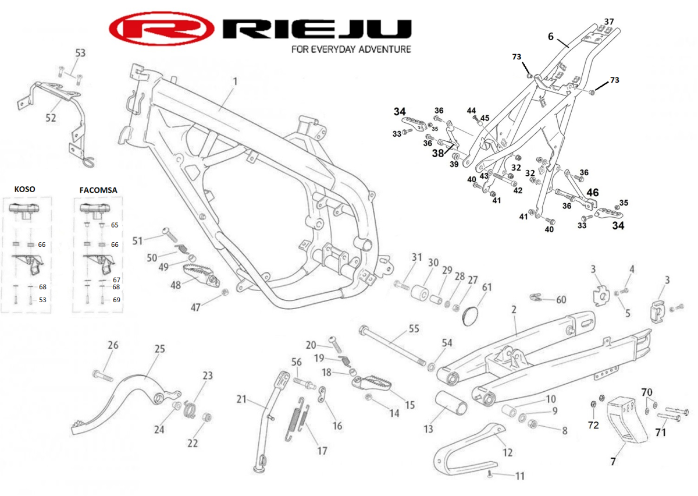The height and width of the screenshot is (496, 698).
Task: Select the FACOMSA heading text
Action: pyautogui.click(x=98, y=190)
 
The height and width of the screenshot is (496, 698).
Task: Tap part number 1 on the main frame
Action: pyautogui.click(x=236, y=82)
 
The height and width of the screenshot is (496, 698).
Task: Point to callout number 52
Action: pyautogui.click(x=51, y=118)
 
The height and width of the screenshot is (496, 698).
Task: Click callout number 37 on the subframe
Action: pyautogui.click(x=608, y=22)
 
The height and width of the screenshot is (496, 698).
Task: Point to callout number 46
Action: pyautogui.click(x=592, y=192)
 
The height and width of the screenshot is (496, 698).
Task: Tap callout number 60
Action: pyautogui.click(x=561, y=300)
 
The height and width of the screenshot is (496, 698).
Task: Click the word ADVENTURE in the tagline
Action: pyautogui.click(x=382, y=49)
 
